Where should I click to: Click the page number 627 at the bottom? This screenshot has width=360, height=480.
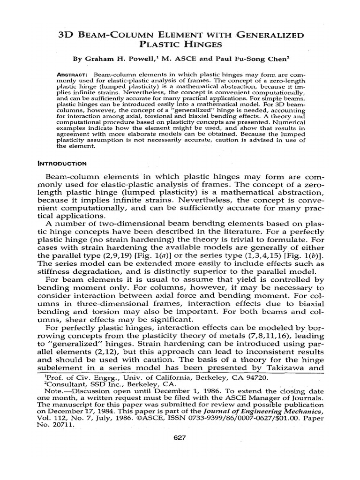[x=180, y=438]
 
